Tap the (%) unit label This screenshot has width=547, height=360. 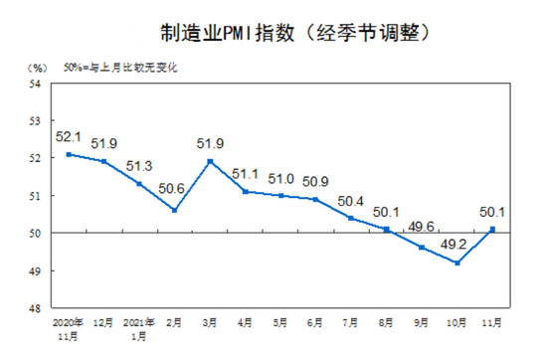pos(37,69)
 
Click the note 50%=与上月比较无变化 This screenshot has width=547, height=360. pos(124,69)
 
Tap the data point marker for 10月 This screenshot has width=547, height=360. pos(456,263)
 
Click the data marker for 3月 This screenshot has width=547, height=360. pos(210,161)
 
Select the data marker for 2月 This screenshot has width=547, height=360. pos(175,210)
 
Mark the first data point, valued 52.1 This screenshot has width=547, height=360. pos(68,154)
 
